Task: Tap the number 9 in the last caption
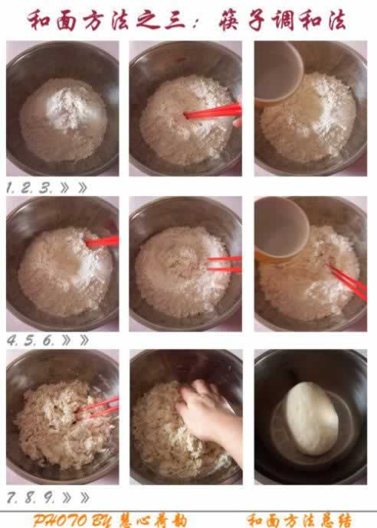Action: [48, 497]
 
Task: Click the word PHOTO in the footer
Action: [57, 520]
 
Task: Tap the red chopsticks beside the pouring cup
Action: [348, 282]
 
